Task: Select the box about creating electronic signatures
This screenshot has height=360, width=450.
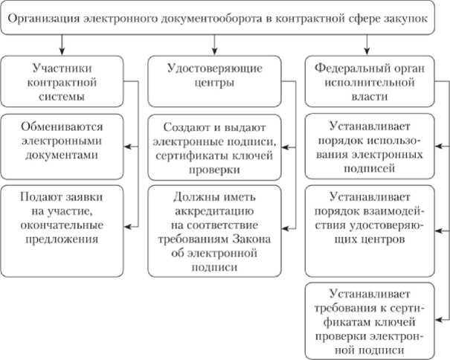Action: (213, 147)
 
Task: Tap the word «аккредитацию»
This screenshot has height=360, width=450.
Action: (213, 214)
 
